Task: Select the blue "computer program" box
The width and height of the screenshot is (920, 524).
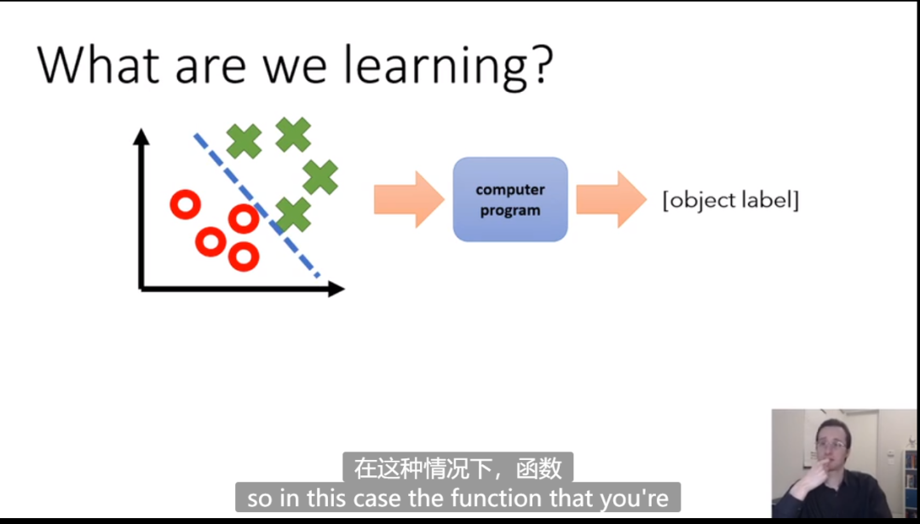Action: pyautogui.click(x=510, y=199)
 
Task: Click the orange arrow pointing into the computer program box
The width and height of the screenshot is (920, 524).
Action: pyautogui.click(x=409, y=199)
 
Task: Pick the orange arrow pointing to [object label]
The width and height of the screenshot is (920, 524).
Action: pyautogui.click(x=612, y=199)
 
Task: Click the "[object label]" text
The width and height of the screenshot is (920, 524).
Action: pyautogui.click(x=731, y=201)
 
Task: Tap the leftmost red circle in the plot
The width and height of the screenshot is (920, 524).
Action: pyautogui.click(x=186, y=204)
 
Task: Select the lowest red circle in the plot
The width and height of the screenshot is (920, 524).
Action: pyautogui.click(x=244, y=256)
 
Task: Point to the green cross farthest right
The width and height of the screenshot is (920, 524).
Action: pyautogui.click(x=320, y=177)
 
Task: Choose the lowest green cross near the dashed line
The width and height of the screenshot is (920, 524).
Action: pyautogui.click(x=293, y=215)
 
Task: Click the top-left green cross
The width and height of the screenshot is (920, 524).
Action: pyautogui.click(x=244, y=141)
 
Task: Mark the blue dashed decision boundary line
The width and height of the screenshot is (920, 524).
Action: pyautogui.click(x=256, y=205)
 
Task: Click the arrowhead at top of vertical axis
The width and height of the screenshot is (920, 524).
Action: pyautogui.click(x=141, y=136)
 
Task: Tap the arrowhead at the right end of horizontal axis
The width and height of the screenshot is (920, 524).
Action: pyautogui.click(x=336, y=289)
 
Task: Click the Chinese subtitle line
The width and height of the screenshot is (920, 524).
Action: pyautogui.click(x=457, y=469)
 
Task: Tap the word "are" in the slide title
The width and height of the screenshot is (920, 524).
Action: pyautogui.click(x=210, y=68)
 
